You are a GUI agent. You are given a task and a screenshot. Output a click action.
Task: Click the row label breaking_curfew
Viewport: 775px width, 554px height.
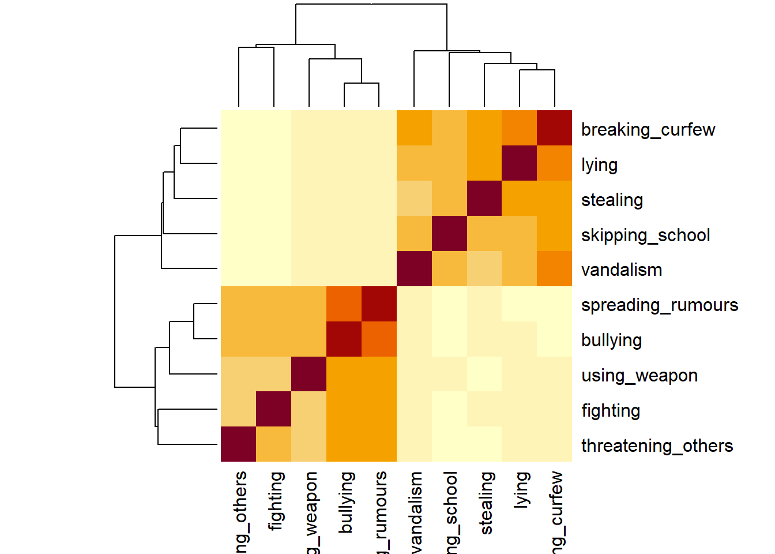(648, 130)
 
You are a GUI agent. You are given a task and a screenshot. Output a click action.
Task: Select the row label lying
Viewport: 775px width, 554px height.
(599, 165)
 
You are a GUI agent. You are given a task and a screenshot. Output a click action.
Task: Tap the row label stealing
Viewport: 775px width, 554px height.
(612, 200)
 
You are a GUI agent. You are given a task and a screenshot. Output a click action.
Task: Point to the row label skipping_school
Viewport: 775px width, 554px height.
(645, 235)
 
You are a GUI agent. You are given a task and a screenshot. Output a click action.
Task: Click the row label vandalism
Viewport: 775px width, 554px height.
(621, 270)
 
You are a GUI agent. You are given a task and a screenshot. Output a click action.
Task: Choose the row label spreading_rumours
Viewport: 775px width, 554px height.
(659, 305)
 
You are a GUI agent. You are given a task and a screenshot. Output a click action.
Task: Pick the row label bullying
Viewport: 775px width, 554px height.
(611, 340)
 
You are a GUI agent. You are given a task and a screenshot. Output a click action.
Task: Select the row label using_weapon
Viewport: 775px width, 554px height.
(639, 376)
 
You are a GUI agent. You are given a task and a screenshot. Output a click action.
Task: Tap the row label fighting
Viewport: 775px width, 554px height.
(611, 411)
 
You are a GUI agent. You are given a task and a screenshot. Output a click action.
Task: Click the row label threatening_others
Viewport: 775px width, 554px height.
(657, 446)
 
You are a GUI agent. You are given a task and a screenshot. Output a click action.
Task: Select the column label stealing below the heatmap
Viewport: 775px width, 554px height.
(486, 503)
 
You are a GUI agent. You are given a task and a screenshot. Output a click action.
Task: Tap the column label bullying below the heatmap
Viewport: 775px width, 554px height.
(345, 502)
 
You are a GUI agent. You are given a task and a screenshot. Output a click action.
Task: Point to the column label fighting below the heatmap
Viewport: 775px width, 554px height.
(276, 500)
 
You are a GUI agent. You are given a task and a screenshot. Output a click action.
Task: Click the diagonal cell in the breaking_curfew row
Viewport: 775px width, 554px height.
(554, 128)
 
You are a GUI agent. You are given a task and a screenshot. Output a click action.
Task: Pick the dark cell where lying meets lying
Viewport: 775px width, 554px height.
(519, 163)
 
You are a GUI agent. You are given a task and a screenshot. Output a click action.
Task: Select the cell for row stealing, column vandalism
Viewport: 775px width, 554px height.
(414, 198)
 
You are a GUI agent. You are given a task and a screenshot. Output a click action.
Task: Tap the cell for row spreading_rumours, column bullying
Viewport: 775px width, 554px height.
(344, 304)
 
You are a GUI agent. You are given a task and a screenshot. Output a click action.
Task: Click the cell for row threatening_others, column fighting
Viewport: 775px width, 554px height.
(273, 444)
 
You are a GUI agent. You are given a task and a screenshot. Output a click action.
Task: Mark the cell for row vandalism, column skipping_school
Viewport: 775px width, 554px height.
(449, 268)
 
